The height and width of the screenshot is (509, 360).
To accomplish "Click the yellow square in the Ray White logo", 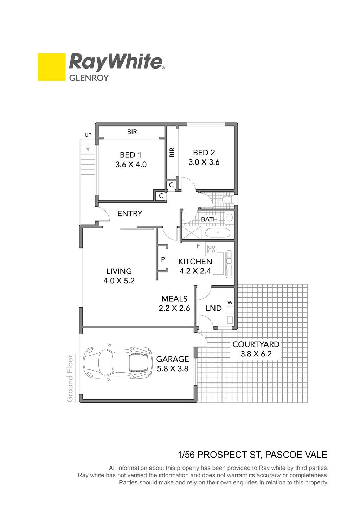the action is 52,67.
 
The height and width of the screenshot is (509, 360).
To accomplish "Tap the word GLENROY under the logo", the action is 89,78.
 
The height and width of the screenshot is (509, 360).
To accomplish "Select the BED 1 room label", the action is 131,155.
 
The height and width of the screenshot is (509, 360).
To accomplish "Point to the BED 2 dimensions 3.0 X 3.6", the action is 204,162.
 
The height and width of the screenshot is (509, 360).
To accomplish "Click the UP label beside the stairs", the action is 88,135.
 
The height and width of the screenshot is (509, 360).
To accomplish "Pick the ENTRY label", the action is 129,213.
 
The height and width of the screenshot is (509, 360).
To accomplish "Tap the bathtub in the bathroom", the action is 218,233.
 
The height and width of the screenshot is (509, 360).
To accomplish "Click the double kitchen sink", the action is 229,264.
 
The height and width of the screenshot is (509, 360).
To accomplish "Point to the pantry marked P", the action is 163,259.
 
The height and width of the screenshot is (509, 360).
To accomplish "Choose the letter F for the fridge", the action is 198,246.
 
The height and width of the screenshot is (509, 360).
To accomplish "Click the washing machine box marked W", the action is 230,302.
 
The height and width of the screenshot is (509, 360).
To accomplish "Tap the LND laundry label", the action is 214,308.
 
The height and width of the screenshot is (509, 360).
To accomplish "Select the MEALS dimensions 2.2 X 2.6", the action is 174,308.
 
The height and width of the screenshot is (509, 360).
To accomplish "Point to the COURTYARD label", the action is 256,344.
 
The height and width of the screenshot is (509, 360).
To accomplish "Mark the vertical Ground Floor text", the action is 70,379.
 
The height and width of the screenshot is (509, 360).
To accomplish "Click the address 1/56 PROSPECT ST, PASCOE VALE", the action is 252,455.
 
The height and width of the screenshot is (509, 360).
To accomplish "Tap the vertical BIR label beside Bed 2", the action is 172,153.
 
